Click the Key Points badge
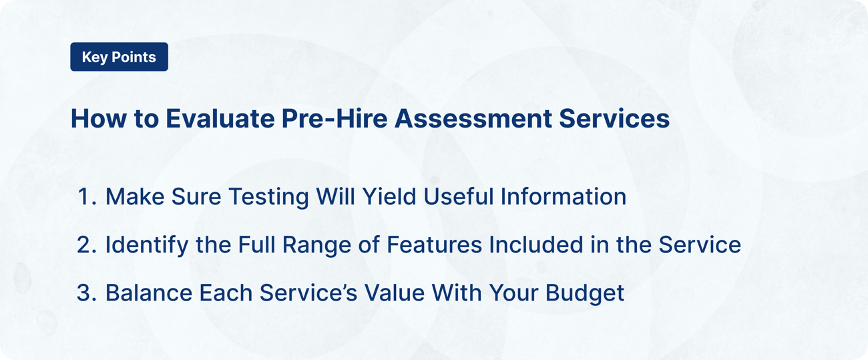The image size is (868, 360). coord(119,57)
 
